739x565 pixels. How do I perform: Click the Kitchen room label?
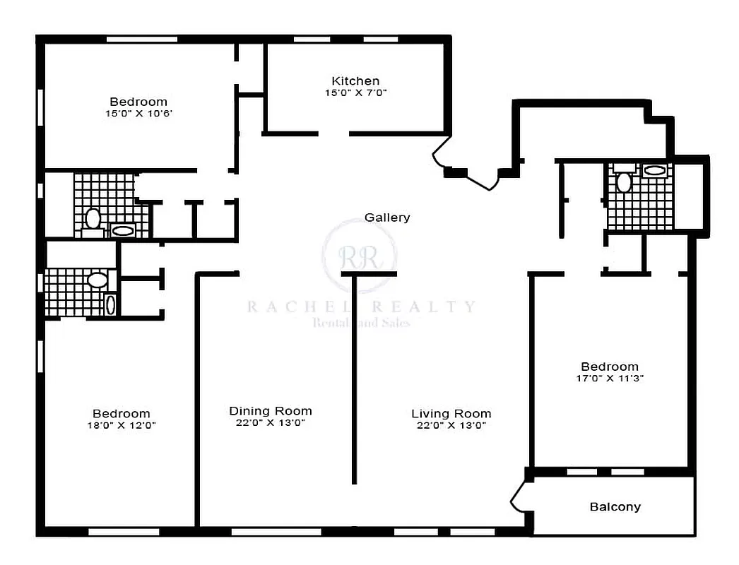(x=355, y=81)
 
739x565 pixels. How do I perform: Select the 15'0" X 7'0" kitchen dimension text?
(x=355, y=93)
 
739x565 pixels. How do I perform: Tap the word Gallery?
(x=386, y=218)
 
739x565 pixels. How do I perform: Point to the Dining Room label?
(x=270, y=411)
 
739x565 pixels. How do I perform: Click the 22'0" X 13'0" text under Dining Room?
(x=270, y=423)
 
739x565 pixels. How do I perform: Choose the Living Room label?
(x=451, y=414)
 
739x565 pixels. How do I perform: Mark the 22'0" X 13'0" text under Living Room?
(x=451, y=425)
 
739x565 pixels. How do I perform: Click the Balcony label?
(x=615, y=506)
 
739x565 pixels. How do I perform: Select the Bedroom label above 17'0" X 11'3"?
(x=609, y=367)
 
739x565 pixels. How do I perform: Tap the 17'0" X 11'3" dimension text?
(x=609, y=378)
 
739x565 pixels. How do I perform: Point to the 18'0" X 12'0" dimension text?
(x=121, y=425)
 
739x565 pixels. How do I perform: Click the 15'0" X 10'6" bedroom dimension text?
(x=138, y=113)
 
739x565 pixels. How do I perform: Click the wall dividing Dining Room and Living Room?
(x=354, y=381)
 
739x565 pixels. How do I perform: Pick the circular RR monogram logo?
(x=359, y=255)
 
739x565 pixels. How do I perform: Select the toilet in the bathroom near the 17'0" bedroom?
(x=623, y=182)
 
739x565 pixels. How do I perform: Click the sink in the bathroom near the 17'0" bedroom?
(x=654, y=170)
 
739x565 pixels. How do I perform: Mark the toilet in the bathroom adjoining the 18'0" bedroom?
(x=97, y=280)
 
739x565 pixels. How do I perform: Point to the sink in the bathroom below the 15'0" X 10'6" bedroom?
(x=123, y=230)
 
